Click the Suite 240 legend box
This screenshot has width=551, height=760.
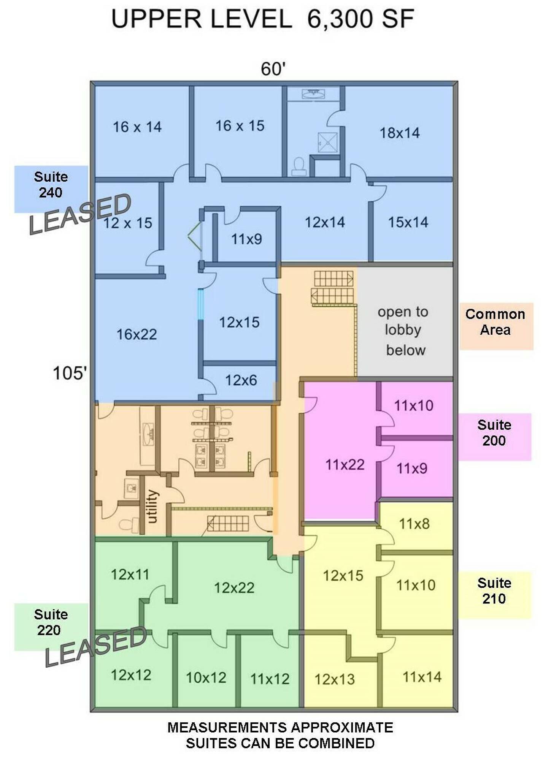point(51,189)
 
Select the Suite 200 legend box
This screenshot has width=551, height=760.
point(494,437)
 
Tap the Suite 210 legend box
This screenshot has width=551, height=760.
point(494,595)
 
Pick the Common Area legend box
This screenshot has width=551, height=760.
point(496,326)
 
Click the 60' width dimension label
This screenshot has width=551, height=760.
point(273,69)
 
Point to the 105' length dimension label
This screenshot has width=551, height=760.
point(70,373)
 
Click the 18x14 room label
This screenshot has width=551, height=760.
point(400,133)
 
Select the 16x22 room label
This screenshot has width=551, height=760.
point(137,334)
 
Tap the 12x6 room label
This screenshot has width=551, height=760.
point(241,380)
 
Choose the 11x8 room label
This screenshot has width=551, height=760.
point(414,524)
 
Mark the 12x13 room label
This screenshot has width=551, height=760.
point(335,679)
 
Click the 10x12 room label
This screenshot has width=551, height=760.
point(206,678)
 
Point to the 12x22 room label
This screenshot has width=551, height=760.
point(234,588)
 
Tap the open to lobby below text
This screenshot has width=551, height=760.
point(404,331)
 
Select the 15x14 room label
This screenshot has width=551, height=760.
point(408,222)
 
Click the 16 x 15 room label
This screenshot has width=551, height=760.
point(240,126)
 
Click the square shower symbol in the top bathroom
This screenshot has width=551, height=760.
point(327,142)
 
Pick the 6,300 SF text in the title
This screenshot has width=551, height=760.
point(360,19)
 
